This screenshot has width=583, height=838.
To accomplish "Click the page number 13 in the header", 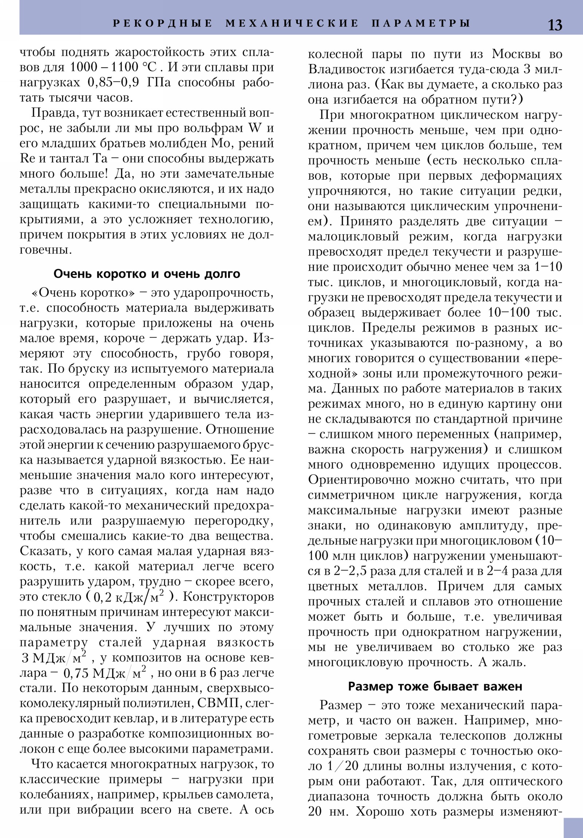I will [555, 25].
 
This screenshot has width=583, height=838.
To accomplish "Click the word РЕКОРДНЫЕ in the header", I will [163, 23].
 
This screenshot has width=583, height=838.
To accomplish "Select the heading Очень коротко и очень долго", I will [147, 274].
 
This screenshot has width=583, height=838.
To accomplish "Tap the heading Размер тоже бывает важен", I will [435, 686].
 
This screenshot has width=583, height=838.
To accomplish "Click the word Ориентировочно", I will [363, 480].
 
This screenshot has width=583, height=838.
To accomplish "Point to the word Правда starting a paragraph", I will [53, 113].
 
